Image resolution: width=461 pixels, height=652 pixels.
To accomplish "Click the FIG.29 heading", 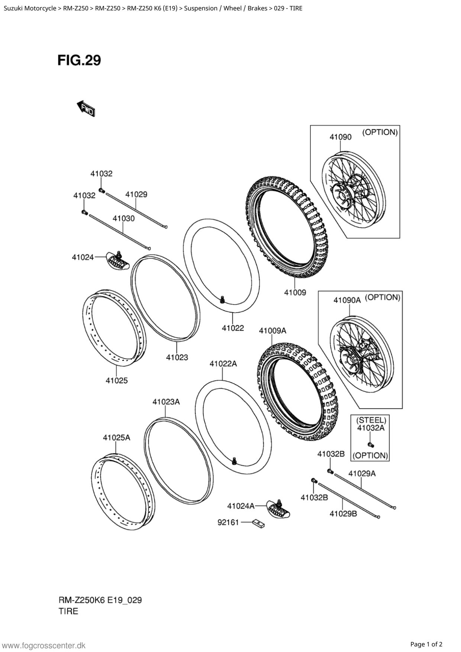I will click(79, 60).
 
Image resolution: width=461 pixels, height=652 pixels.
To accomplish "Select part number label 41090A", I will click(347, 300).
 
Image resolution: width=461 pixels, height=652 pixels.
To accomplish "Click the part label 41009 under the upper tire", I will click(295, 293).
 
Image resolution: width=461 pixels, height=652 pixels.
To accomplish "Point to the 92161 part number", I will click(228, 523).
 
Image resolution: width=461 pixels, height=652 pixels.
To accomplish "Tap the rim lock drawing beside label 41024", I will click(117, 260).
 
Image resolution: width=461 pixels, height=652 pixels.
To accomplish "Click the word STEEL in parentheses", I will click(371, 420).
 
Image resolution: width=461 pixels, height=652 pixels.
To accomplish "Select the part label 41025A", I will click(116, 438).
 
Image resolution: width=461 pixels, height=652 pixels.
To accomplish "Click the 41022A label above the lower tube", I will click(223, 364).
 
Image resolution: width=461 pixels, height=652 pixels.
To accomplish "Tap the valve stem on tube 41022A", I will click(234, 461).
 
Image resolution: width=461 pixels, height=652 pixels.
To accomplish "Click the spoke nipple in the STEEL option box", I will click(371, 445).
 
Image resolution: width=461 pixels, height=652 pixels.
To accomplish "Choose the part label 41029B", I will click(343, 513).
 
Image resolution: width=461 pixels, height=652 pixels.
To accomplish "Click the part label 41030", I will click(123, 218).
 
